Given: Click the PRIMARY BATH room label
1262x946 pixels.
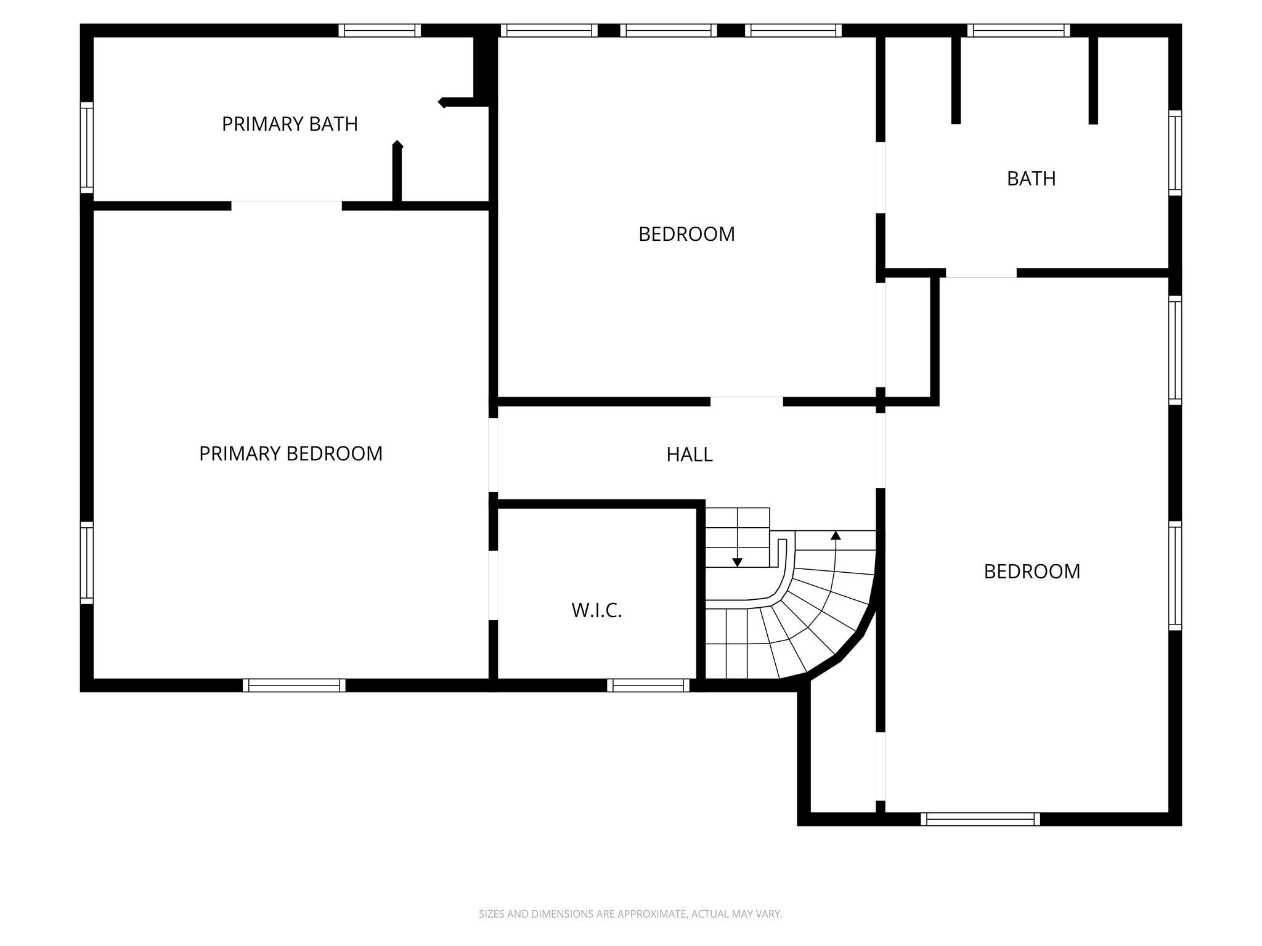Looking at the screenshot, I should (x=290, y=124).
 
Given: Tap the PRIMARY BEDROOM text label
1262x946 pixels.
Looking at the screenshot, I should (x=291, y=454).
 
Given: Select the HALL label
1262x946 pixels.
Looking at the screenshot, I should (x=690, y=455).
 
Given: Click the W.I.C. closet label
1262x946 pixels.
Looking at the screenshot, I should (x=596, y=610).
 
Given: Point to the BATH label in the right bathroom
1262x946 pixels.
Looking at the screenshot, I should (x=1031, y=179).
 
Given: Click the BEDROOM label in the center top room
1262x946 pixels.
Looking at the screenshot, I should (x=686, y=235).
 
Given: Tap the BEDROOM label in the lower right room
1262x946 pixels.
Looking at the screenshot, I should (x=1032, y=572).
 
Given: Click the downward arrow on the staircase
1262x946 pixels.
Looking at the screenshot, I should (x=737, y=562).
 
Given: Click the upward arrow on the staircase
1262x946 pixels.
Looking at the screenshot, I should (x=836, y=536).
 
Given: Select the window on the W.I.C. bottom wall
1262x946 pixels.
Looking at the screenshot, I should (x=648, y=685).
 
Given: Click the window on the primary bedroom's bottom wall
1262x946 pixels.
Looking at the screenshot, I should (x=294, y=685).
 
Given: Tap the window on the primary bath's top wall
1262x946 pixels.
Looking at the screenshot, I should (x=380, y=31).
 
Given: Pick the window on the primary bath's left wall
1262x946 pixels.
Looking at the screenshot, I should (x=87, y=148).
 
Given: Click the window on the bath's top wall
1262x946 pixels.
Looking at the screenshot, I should (x=1018, y=31).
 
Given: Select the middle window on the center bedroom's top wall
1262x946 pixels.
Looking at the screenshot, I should (x=669, y=31).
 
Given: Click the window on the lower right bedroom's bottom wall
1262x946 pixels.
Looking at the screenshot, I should (x=980, y=819).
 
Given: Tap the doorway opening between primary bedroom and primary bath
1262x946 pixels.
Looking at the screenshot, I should (x=287, y=206).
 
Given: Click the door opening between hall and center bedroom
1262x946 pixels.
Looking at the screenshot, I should (x=746, y=402).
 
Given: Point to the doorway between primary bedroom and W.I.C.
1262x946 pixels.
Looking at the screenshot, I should (x=493, y=585).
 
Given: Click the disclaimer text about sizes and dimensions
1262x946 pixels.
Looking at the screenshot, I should (x=630, y=915).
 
